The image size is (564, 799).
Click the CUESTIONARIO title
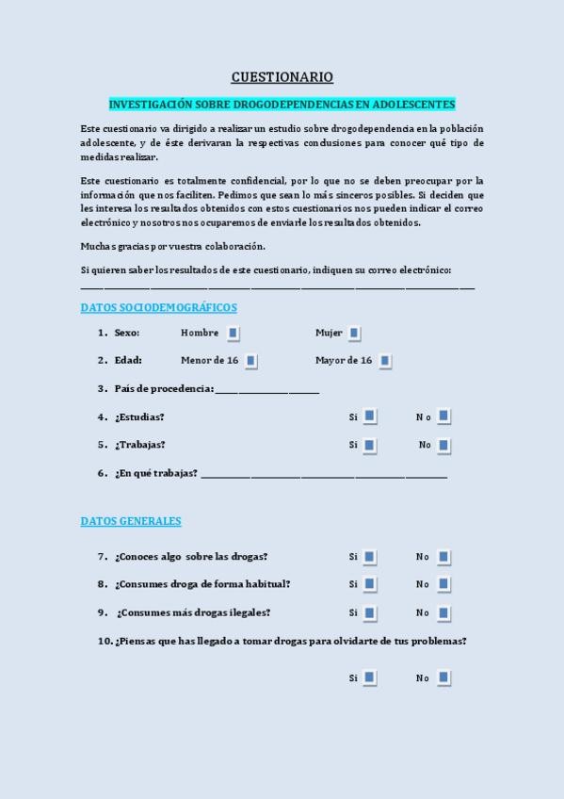click(x=282, y=77)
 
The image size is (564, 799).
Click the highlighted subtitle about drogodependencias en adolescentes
click(x=282, y=104)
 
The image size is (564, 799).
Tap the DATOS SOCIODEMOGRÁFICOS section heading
click(x=158, y=308)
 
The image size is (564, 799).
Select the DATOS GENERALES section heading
click(x=131, y=521)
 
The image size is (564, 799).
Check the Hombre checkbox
click(x=233, y=333)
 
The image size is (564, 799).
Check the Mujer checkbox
click(x=354, y=333)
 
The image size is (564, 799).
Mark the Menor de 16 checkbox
click(x=250, y=360)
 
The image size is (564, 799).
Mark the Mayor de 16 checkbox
click(x=384, y=360)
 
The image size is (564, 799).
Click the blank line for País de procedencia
click(x=267, y=391)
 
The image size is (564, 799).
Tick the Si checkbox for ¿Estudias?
click(x=370, y=416)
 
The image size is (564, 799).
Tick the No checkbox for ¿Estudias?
click(x=443, y=416)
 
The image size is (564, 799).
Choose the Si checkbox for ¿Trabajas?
click(x=370, y=445)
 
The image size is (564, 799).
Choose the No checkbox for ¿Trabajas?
click(x=443, y=445)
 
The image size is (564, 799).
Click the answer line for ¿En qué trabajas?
click(x=324, y=476)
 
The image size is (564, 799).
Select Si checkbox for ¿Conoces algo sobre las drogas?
click(x=370, y=557)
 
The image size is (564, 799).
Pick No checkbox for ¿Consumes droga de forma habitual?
click(x=443, y=584)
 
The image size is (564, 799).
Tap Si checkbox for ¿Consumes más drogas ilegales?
click(x=370, y=612)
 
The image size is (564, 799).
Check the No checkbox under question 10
click(x=443, y=677)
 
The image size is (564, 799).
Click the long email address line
click(x=278, y=286)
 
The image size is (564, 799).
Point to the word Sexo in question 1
click(x=127, y=333)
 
